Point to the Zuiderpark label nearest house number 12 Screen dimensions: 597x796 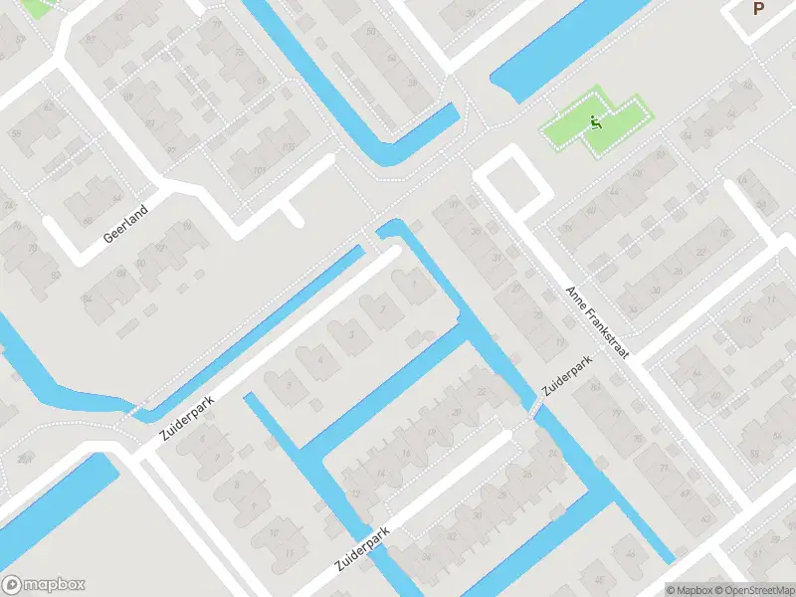362,547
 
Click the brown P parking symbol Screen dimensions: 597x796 758,9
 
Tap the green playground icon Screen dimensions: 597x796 596,124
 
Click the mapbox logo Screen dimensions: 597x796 44,585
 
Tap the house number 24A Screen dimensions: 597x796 22,458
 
